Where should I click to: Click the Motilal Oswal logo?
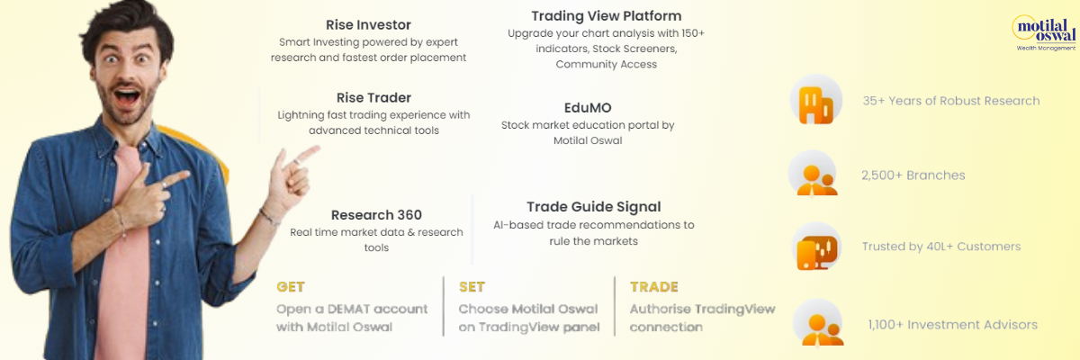(1044, 32)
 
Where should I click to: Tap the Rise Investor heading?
(368, 24)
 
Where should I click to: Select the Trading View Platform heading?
(607, 16)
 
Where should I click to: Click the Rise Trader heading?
(373, 97)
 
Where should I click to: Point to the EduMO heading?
(588, 107)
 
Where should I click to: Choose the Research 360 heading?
(376, 214)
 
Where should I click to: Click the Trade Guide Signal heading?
(593, 207)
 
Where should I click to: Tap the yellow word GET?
(290, 287)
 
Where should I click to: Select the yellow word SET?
(472, 287)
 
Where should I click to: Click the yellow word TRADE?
(653, 287)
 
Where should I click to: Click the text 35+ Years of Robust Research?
(950, 101)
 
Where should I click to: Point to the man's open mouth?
(127, 97)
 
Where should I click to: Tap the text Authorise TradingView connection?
(702, 318)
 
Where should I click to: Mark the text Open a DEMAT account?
(352, 309)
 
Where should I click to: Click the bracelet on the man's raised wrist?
(269, 218)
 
